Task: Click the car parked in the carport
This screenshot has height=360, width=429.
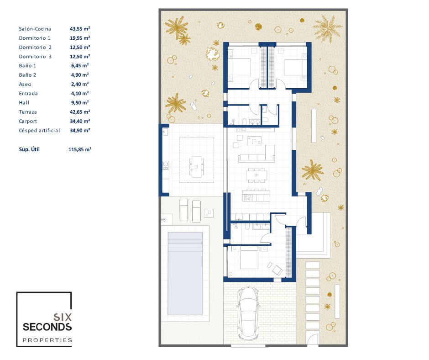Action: pos(248,314)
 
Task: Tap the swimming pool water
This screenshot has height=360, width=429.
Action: pos(185,274)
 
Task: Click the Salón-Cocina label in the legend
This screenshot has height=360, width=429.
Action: pos(35,29)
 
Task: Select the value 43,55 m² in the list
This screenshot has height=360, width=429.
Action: pos(80,28)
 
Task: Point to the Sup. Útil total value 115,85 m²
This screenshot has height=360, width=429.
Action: pos(80,149)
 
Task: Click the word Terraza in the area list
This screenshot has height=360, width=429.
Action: pos(28,112)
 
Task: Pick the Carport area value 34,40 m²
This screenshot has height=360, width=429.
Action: pos(80,121)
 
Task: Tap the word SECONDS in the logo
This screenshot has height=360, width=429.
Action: pos(47,327)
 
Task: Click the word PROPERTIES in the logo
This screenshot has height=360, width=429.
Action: pos(47,340)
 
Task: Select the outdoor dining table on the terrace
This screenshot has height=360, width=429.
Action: pos(196,167)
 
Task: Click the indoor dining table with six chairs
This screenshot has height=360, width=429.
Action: pos(256,175)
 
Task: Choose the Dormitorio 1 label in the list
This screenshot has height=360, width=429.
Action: pos(35,38)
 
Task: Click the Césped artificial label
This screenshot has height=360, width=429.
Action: pos(39,130)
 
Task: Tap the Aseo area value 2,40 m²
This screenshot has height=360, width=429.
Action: pos(80,84)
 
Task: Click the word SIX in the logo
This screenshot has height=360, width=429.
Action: pos(63,317)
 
